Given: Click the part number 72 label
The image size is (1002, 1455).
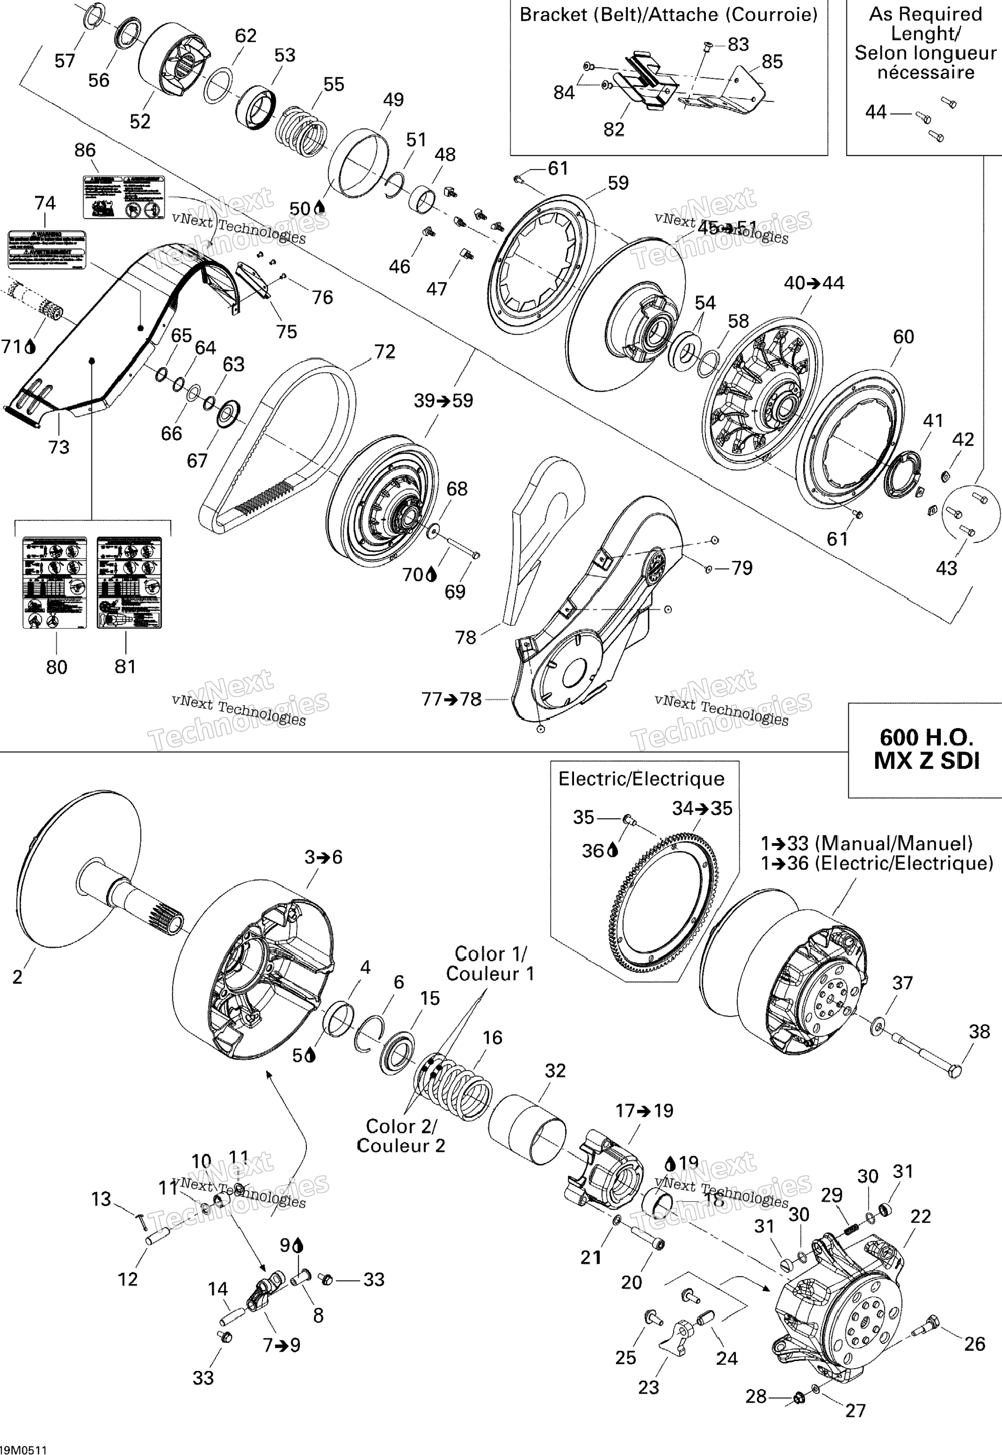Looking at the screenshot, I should (x=384, y=352).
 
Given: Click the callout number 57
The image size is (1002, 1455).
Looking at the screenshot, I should (x=65, y=61).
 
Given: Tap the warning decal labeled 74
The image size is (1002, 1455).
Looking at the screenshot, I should (x=46, y=250).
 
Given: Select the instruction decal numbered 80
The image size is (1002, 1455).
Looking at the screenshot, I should (x=55, y=582).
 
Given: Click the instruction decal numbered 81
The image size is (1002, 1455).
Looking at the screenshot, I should (x=129, y=582).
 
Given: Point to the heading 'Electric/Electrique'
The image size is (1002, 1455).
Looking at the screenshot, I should (x=641, y=779).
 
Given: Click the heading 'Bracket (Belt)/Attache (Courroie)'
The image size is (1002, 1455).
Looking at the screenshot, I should (x=668, y=14).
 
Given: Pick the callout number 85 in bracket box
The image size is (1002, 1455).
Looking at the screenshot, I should (x=772, y=61).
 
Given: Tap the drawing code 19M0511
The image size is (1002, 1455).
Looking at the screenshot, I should (x=23, y=1449).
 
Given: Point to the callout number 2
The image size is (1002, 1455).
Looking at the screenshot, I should (x=18, y=976).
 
